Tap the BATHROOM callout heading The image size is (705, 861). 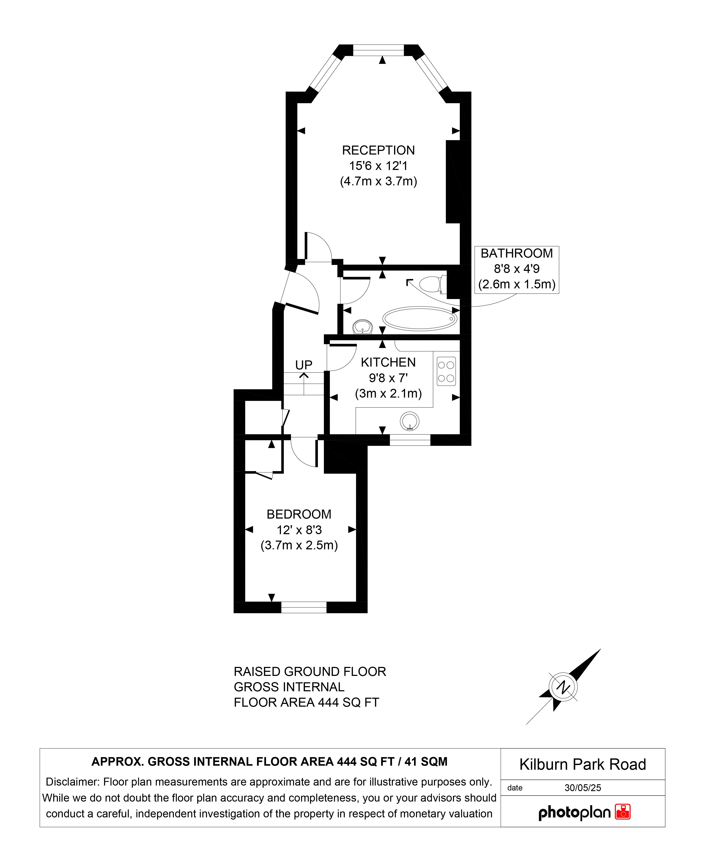tap(517, 254)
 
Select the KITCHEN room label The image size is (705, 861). tap(388, 363)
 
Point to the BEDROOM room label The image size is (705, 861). tap(299, 515)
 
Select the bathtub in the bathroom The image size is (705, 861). tap(420, 318)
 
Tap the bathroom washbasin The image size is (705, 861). tap(363, 327)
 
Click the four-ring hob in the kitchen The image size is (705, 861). tap(446, 371)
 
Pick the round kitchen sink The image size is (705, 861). tap(410, 421)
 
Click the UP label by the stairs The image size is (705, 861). tap(304, 365)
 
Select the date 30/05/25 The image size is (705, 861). tap(583, 788)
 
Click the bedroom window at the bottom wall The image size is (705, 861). tap(304, 607)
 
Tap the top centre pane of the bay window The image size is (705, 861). tap(379, 50)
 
